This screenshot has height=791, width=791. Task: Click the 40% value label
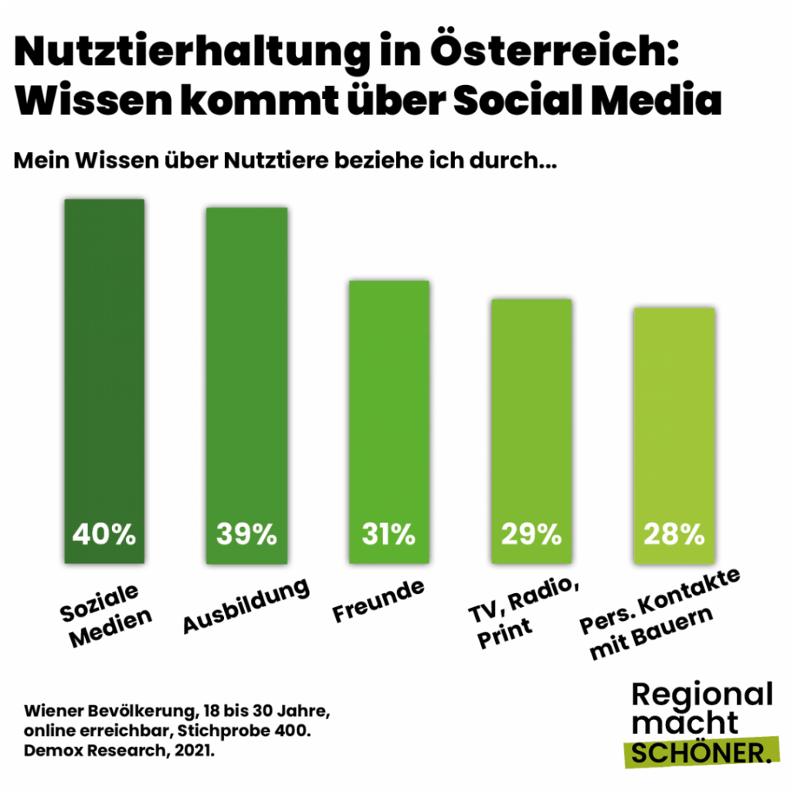pyautogui.click(x=104, y=534)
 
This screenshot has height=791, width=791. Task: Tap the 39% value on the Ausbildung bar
pyautogui.click(x=246, y=534)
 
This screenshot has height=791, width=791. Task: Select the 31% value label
pyautogui.click(x=389, y=534)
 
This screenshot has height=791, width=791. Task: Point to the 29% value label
pyautogui.click(x=531, y=534)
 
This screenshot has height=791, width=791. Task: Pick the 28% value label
pyautogui.click(x=673, y=534)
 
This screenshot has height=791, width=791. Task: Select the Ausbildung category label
pyautogui.click(x=246, y=606)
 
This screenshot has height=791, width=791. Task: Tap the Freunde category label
pyautogui.click(x=379, y=601)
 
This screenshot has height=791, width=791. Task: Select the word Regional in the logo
pyautogui.click(x=702, y=694)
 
